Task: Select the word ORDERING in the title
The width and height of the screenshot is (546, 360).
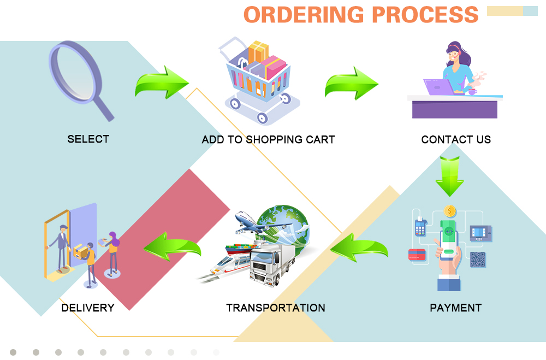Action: click(304, 15)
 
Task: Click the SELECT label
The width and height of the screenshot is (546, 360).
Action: click(88, 139)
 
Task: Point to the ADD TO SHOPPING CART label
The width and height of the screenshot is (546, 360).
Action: click(268, 140)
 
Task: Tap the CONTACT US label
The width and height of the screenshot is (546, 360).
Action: click(456, 140)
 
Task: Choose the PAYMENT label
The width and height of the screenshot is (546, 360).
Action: click(456, 308)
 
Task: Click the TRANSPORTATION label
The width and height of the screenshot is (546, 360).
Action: click(276, 308)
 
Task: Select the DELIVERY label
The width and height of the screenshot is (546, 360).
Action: click(88, 308)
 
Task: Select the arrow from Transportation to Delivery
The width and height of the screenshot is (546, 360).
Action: click(172, 248)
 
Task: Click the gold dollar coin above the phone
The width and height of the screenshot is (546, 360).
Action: click(450, 210)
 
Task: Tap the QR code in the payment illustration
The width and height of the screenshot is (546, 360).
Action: click(478, 259)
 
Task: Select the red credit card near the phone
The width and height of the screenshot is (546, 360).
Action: click(417, 254)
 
